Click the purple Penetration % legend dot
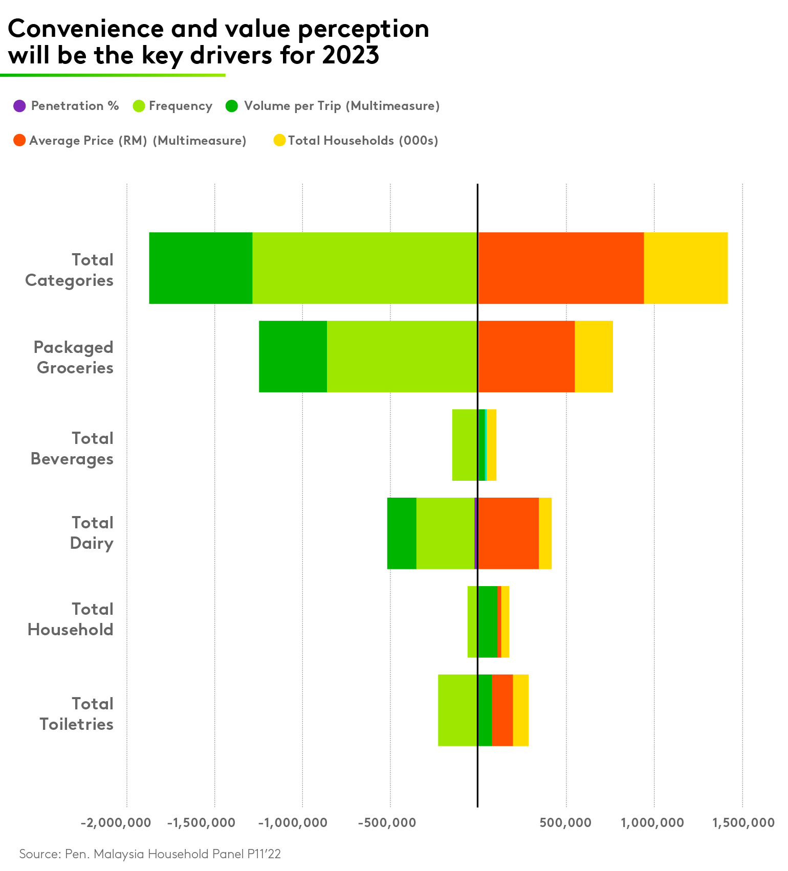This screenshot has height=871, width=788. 19,106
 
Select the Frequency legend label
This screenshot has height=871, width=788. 180,106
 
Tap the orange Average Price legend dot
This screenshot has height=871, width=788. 19,140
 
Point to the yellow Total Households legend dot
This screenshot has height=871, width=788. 279,140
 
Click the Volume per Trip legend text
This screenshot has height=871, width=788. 341,106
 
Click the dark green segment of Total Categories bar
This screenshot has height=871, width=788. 201,268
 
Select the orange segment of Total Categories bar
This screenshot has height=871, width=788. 561,268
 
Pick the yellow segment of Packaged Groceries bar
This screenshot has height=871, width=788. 594,356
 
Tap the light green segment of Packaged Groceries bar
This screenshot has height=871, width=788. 402,356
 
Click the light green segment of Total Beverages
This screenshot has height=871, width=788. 465,445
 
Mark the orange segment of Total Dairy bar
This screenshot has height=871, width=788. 508,533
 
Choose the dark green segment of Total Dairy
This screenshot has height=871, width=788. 402,533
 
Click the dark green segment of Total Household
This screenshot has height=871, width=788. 487,621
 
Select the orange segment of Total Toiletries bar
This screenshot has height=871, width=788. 502,710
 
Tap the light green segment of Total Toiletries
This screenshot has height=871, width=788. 457,710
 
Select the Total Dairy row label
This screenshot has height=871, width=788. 92,532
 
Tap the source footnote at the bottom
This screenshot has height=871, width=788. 150,854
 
